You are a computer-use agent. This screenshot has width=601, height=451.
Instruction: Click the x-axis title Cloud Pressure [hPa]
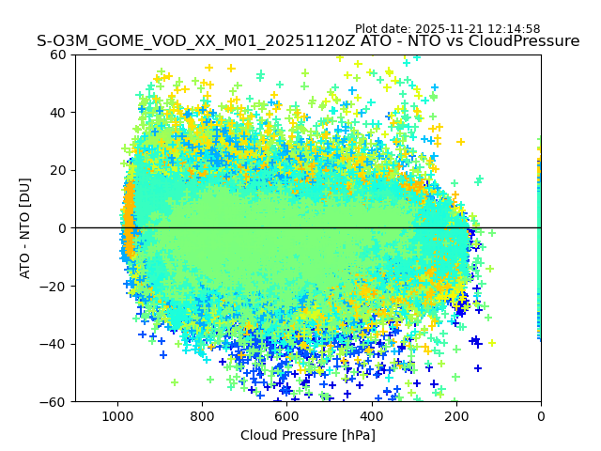click(308, 435)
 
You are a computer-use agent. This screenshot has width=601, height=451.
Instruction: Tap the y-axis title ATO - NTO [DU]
click(26, 228)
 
